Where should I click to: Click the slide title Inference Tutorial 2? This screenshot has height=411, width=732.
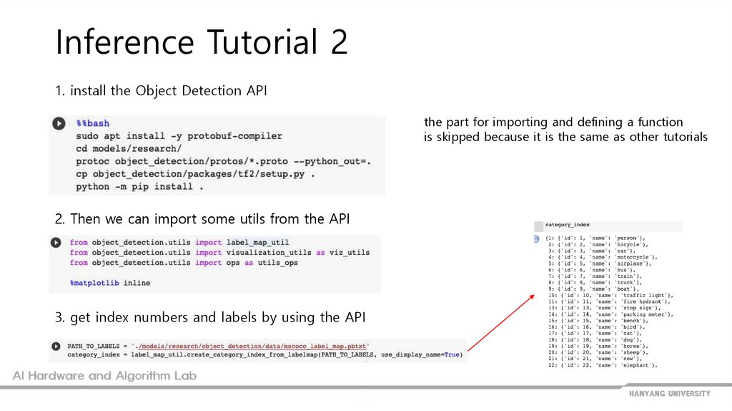click(x=202, y=42)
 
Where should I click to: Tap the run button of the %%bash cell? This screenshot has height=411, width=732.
click(x=58, y=124)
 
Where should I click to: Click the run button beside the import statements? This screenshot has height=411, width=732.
click(x=56, y=243)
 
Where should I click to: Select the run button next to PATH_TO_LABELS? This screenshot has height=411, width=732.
click(x=56, y=347)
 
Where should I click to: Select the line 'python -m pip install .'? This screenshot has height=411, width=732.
click(x=139, y=187)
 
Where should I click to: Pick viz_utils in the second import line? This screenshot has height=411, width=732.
click(x=350, y=253)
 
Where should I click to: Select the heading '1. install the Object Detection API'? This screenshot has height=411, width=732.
click(x=162, y=91)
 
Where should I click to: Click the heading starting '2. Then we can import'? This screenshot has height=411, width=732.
click(x=202, y=218)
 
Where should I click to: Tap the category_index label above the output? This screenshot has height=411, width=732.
click(x=568, y=225)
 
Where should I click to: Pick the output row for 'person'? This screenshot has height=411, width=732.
click(x=595, y=237)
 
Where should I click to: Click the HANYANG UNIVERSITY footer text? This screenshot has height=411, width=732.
click(x=669, y=394)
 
